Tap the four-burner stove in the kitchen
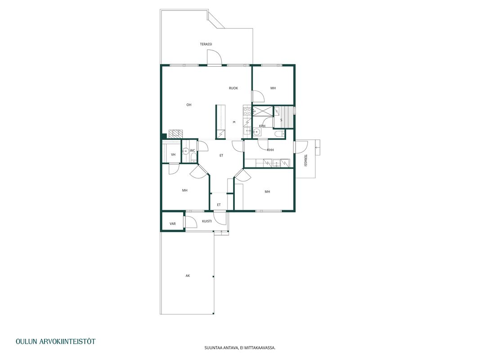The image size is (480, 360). point(247,112)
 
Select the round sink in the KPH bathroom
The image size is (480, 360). point(256,132)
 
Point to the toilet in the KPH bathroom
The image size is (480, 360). point(278,134)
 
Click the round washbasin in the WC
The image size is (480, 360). point(185,151)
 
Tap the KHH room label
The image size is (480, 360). point(270,150)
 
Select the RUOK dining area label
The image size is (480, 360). point(233,88)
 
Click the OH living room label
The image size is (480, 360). point(189,105)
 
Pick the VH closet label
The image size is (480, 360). point(173,155)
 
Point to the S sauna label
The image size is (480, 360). point(281,120)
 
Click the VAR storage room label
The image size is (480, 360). point(173,224)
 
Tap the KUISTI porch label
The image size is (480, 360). point(207,221)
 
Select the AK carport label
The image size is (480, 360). point(188,276)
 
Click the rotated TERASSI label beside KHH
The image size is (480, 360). point(305,160)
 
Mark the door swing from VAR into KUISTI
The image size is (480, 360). point(190,222)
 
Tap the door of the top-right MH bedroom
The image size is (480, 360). point(258,96)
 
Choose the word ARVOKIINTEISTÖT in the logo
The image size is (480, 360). point(67,342)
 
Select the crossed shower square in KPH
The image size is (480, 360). point(263,112)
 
